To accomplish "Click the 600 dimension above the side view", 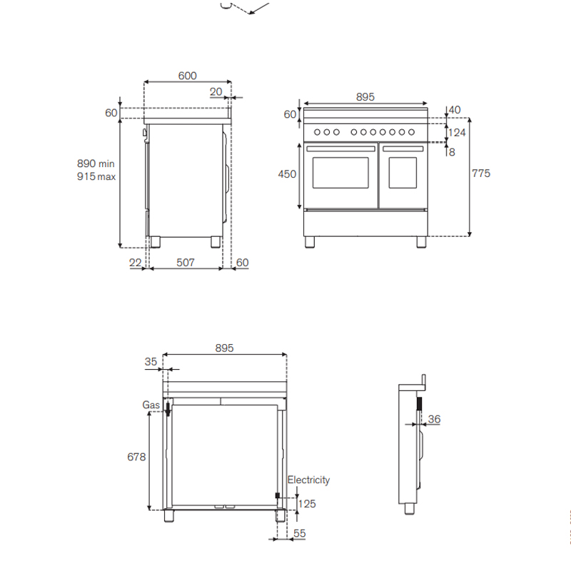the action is [187, 76].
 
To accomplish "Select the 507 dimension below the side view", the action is [186, 263].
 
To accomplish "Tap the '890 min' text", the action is [96, 163].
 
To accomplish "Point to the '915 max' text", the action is [96, 176].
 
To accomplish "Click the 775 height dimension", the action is [481, 173].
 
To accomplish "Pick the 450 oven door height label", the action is [287, 174].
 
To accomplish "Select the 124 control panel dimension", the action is [457, 133].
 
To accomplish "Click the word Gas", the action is [151, 405].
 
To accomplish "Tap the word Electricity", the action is [308, 480].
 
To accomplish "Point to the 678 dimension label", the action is [136, 457].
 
